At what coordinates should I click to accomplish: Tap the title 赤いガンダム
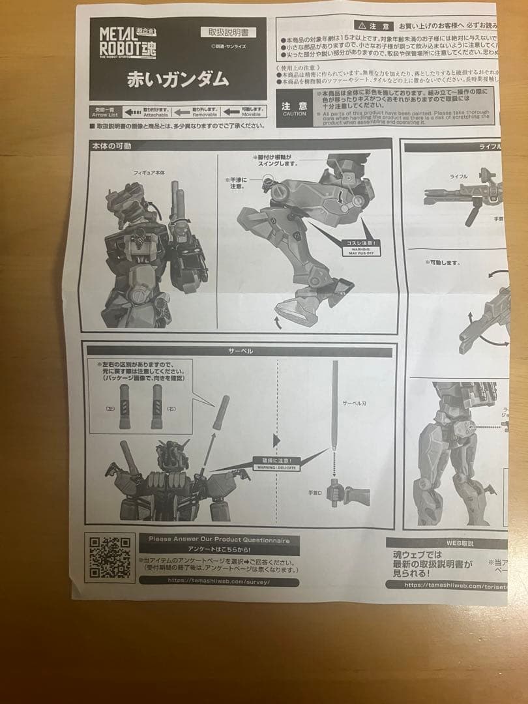coord(177,79)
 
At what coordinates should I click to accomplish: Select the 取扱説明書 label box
coord(231,32)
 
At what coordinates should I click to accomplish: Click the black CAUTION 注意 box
coord(294,109)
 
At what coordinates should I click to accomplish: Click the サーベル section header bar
coord(240,351)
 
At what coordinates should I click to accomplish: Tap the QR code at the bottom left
coord(110,558)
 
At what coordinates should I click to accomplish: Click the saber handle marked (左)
coord(124,407)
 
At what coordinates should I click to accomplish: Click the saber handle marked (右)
coord(156,407)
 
